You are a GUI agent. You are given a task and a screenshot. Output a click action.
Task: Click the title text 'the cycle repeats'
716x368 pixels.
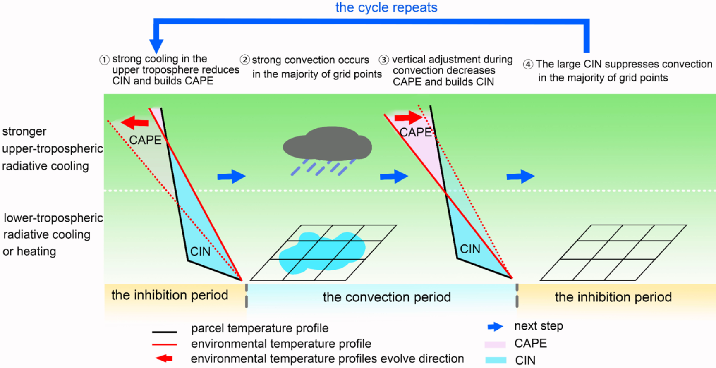(386, 7)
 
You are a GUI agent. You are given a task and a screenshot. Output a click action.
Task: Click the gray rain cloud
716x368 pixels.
(327, 145)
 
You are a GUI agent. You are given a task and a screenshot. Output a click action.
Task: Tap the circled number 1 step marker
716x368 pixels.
(104, 60)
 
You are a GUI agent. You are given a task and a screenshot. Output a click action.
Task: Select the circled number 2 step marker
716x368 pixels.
(245, 60)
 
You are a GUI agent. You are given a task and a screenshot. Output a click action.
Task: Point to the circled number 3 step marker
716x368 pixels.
(384, 60)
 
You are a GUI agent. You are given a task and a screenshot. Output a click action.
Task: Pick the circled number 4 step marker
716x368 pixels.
(528, 65)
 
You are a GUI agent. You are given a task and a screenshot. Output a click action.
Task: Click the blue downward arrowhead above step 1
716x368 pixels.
(156, 45)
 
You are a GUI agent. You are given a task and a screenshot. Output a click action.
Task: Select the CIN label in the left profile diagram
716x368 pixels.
(200, 251)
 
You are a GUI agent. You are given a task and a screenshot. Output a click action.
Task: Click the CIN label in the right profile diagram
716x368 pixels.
(470, 249)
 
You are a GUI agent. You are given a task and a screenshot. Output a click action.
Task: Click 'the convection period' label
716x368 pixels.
(387, 297)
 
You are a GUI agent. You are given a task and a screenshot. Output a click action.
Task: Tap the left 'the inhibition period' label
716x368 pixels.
(170, 295)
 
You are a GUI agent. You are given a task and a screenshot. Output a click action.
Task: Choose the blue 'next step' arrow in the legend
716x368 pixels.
(495, 327)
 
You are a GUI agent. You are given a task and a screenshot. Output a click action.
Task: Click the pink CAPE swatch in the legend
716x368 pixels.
(495, 344)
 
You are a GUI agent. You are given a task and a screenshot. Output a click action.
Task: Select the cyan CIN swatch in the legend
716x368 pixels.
(495, 360)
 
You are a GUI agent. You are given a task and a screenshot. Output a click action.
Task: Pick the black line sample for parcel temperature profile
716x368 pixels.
(164, 332)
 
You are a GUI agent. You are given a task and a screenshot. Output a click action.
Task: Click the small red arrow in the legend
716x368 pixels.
(164, 358)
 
